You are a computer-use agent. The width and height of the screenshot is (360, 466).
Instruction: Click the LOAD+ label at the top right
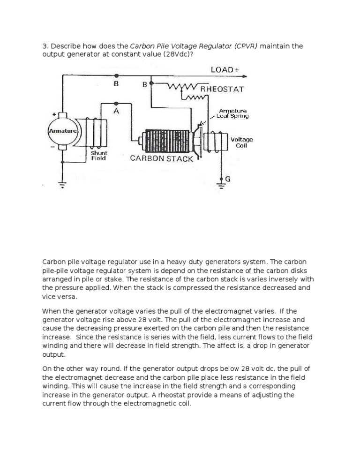coord(225,69)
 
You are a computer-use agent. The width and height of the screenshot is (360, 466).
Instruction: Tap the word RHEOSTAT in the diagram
coord(222,89)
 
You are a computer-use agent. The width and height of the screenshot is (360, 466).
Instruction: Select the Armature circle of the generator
coord(62,131)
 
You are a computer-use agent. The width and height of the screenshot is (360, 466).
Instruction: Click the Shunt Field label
coord(99,156)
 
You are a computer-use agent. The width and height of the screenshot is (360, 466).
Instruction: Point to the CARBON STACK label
coord(161,158)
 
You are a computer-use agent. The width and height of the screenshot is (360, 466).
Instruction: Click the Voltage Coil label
coord(242,143)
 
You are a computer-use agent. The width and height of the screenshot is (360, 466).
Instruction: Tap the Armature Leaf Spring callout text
coord(233,113)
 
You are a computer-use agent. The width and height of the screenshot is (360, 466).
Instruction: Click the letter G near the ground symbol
coord(228,179)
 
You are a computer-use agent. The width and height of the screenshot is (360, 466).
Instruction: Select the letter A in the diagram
coord(116,111)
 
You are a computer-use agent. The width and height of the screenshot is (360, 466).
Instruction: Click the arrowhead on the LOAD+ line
coord(244,76)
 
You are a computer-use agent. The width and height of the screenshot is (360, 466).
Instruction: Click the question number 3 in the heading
coord(45,46)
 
